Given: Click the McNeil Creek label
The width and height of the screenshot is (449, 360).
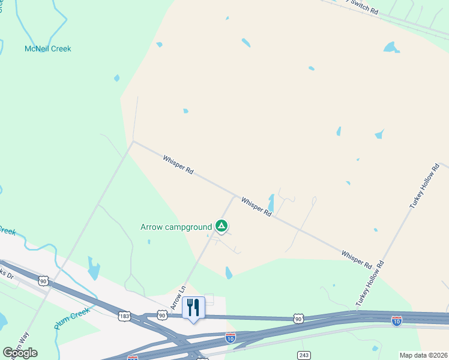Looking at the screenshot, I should [47, 49].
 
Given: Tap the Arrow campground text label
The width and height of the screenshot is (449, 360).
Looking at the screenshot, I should [176, 227].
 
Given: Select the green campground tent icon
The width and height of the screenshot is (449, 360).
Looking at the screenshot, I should [221, 226].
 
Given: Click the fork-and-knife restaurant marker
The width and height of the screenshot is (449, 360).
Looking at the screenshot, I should [193, 308].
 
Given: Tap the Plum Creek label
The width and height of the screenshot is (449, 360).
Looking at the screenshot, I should [72, 319].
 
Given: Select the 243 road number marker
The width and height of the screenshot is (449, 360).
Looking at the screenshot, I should [304, 356].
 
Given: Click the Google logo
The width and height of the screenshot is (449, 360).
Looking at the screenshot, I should [20, 353].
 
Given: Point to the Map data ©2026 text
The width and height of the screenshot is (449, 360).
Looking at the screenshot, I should [423, 355].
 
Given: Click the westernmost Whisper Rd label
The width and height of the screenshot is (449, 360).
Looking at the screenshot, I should [178, 164].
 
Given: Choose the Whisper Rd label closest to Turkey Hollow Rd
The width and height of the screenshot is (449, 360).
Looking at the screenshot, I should [357, 259].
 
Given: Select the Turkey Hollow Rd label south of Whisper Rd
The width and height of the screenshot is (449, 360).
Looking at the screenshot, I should [369, 284].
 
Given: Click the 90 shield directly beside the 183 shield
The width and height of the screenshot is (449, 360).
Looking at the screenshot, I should [161, 314].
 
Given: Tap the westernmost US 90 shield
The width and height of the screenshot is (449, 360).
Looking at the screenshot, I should [43, 280].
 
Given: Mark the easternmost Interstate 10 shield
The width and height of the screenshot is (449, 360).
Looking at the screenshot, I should [396, 322].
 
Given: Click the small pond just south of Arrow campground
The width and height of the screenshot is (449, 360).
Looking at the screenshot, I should [228, 273].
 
